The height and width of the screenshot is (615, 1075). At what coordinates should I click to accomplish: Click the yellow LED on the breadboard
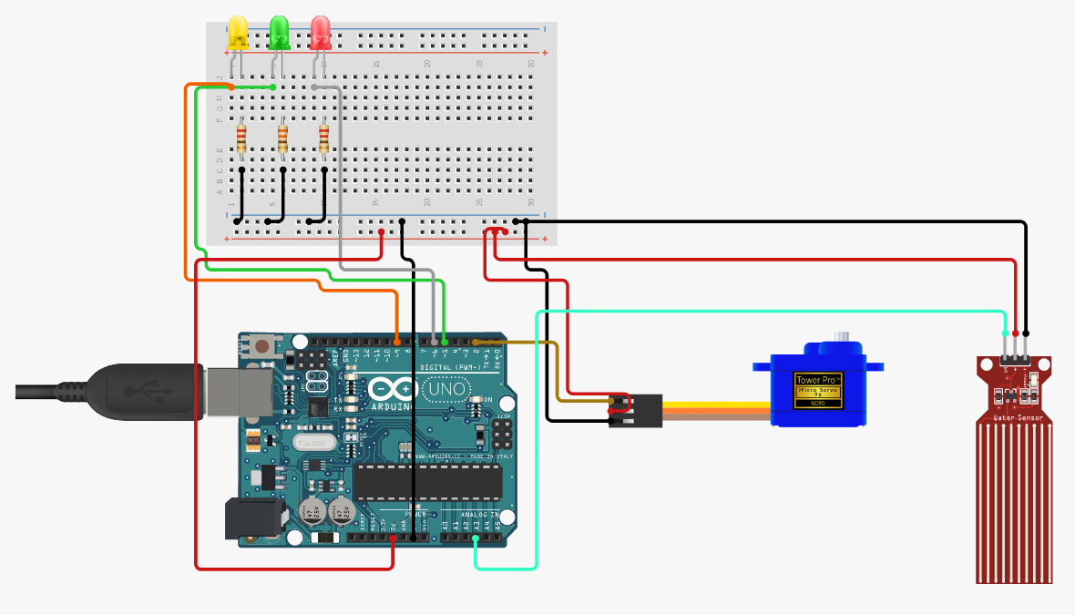pyautogui.click(x=237, y=33)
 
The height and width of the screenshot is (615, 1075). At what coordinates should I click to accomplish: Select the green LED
pyautogui.click(x=280, y=33)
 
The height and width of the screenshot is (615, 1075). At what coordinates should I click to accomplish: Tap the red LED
pyautogui.click(x=321, y=33)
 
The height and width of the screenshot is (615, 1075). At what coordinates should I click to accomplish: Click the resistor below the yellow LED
pyautogui.click(x=241, y=138)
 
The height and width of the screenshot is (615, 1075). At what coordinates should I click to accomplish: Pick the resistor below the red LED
pyautogui.click(x=324, y=138)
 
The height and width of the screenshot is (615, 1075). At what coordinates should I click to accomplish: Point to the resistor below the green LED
pyautogui.click(x=282, y=138)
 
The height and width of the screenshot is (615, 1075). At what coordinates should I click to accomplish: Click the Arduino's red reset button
pyautogui.click(x=262, y=345)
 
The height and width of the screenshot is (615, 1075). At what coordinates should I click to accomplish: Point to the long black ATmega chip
pyautogui.click(x=427, y=481)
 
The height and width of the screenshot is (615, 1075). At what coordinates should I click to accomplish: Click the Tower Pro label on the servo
pyautogui.click(x=815, y=380)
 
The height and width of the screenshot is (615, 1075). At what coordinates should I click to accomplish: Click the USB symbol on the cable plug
pyautogui.click(x=145, y=392)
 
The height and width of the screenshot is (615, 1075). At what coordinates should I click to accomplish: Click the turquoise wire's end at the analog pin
pyautogui.click(x=476, y=539)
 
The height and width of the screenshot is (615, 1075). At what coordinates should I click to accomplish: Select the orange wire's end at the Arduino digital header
pyautogui.click(x=397, y=342)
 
